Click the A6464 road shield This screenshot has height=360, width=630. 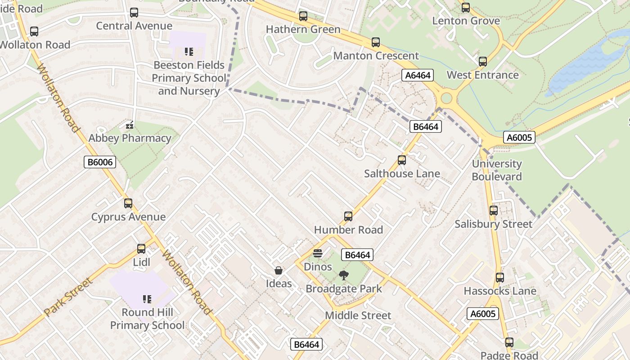click(x=418, y=75)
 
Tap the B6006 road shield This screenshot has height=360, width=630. click(x=100, y=162)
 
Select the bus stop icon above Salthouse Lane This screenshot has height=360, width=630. click(x=402, y=160)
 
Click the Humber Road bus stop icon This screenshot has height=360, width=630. click(x=348, y=216)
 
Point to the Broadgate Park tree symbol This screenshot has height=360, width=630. click(x=344, y=275)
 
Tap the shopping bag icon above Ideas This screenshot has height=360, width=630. click(x=279, y=270)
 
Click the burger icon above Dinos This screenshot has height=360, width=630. click(x=318, y=253)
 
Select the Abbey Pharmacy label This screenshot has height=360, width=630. click(x=130, y=138)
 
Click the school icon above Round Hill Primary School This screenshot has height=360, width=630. click(x=147, y=299)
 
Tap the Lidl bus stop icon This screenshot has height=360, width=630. click(x=141, y=249)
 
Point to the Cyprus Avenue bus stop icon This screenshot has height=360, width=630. click(x=128, y=203)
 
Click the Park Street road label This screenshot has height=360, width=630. click(x=68, y=297)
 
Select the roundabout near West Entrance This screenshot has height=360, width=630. click(x=446, y=98)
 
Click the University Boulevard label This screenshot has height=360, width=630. click(x=497, y=170)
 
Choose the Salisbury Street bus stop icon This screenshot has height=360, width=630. click(x=494, y=211)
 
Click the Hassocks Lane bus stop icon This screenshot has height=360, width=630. click(x=499, y=278)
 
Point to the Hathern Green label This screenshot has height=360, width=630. click(x=303, y=29)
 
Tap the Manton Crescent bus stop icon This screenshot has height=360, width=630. click(x=376, y=43)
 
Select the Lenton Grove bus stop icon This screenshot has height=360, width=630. click(x=466, y=8)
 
